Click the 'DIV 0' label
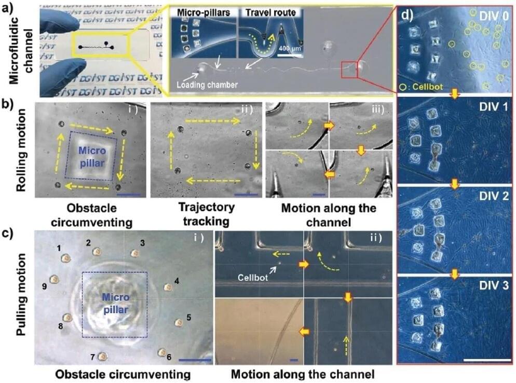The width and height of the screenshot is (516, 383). (x=493, y=16)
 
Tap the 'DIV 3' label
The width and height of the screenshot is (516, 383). (x=493, y=285)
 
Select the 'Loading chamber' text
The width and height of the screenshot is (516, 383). (x=207, y=85)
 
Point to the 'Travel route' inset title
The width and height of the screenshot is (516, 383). (x=270, y=12)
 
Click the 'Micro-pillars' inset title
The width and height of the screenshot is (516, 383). (x=203, y=12)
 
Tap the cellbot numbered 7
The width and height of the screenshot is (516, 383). (x=103, y=357)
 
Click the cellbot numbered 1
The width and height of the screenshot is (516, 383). (x=66, y=258)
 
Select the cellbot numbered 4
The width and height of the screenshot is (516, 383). (x=168, y=288)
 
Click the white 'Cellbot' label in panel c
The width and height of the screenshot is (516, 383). (x=253, y=277)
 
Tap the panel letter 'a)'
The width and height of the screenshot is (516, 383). (x=7, y=7)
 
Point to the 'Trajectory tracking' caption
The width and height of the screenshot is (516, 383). (x=206, y=214)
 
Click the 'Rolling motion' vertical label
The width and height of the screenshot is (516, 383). (x=21, y=151)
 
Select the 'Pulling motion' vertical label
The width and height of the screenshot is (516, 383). (x=21, y=294)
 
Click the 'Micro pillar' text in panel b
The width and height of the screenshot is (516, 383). (x=92, y=157)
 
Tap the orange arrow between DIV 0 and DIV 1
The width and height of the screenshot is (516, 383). (x=454, y=94)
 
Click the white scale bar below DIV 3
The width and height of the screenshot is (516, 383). (x=487, y=360)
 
